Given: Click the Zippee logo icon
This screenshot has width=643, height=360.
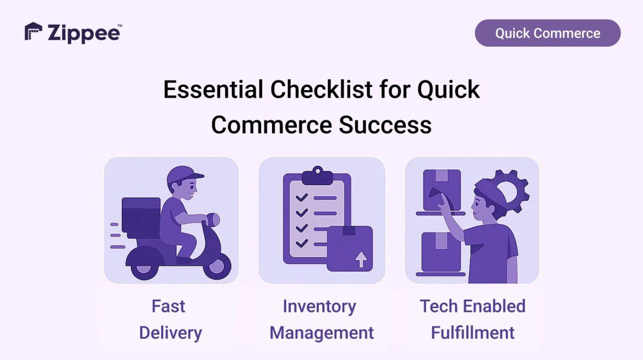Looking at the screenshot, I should click(33, 32).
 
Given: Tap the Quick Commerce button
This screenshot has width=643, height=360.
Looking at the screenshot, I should click(547, 33).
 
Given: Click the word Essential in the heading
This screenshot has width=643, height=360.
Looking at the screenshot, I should click(213, 90).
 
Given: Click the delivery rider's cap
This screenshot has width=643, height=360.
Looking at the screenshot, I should click(184, 175).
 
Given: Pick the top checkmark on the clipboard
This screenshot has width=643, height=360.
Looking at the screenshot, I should click(301, 198).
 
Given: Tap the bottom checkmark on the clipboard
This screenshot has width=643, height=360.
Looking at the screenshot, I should click(301, 243).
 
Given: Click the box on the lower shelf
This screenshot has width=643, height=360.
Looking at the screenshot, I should click(441, 251).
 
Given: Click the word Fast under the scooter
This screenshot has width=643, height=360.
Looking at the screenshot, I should click(168, 306).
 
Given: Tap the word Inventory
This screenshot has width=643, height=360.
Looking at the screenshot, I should click(319, 307).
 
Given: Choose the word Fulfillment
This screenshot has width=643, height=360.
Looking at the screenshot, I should click(472, 333).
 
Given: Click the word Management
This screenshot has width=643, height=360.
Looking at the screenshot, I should click(321, 333).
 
